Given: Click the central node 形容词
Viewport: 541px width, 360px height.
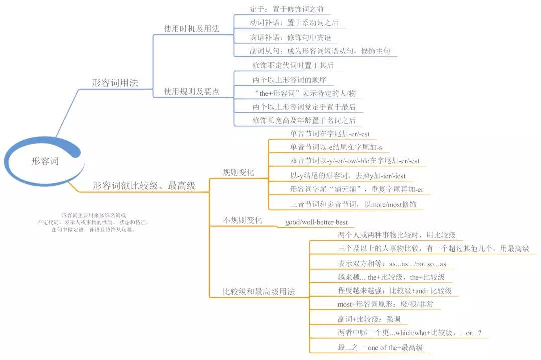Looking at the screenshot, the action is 45,161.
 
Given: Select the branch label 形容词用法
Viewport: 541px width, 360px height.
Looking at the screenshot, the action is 115,83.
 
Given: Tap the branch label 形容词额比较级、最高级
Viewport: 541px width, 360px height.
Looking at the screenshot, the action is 144,186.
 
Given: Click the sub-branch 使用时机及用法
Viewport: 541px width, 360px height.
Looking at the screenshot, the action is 192,28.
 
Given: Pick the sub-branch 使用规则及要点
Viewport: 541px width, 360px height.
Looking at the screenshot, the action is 192,92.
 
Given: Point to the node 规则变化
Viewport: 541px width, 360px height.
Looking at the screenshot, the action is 238,172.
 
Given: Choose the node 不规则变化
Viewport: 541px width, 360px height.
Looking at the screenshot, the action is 242,220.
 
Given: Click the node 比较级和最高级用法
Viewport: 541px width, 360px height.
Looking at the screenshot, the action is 259,292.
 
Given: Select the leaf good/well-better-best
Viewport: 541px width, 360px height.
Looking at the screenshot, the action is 317,222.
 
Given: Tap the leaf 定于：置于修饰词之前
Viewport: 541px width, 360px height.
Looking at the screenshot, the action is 287,9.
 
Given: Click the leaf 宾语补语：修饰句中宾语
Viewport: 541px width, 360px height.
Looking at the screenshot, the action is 291,37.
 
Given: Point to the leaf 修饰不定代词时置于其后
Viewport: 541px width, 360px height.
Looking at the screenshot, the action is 293,65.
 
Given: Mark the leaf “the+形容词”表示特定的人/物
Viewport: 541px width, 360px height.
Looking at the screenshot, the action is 305,93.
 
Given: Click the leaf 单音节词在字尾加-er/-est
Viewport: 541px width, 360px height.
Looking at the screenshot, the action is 330,134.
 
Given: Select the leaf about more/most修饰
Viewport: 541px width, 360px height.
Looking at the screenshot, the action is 353,204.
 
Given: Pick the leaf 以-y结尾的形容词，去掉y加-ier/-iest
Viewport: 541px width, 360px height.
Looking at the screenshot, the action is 348,176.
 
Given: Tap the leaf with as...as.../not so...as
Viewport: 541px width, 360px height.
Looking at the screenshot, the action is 392,264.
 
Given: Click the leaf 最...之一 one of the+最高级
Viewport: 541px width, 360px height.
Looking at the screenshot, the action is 380,348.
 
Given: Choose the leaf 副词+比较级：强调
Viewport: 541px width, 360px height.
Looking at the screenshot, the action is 369,319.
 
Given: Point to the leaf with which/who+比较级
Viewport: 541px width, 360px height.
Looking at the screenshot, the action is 410,333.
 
